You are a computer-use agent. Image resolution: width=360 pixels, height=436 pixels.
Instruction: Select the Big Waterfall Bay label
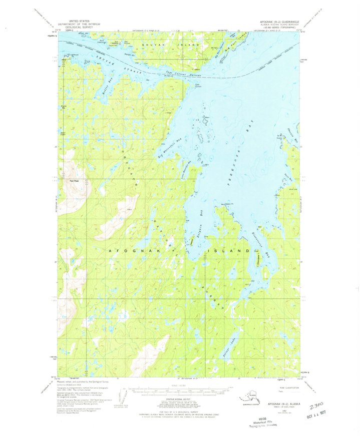coord(169,149)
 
